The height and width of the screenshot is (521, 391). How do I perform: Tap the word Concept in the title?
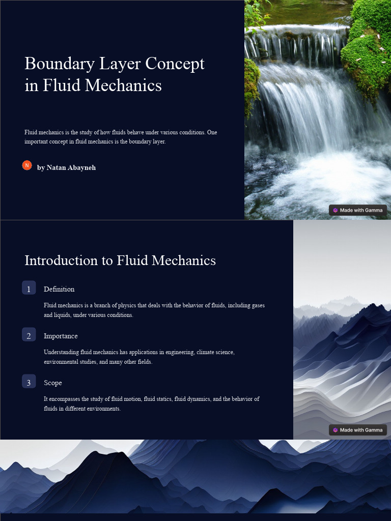[x=175, y=64]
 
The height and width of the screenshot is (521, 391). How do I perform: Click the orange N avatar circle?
[x=27, y=165]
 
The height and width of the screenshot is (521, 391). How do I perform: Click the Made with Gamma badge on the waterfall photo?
[x=358, y=210]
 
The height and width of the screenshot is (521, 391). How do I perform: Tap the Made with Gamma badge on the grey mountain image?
[x=358, y=430]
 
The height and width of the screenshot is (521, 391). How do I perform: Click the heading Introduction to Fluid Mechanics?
[x=120, y=260]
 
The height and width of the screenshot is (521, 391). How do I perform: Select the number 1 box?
[x=29, y=288]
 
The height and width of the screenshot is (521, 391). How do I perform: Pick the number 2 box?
[x=29, y=335]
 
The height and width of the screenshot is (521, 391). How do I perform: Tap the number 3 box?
[x=29, y=382]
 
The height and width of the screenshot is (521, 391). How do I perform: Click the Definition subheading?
[x=59, y=289]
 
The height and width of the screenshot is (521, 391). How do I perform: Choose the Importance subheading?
[x=61, y=336]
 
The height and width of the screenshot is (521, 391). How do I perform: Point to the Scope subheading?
[x=53, y=383]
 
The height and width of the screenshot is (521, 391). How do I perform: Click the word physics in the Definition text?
[x=127, y=305]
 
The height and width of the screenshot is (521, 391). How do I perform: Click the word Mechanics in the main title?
[x=124, y=85]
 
